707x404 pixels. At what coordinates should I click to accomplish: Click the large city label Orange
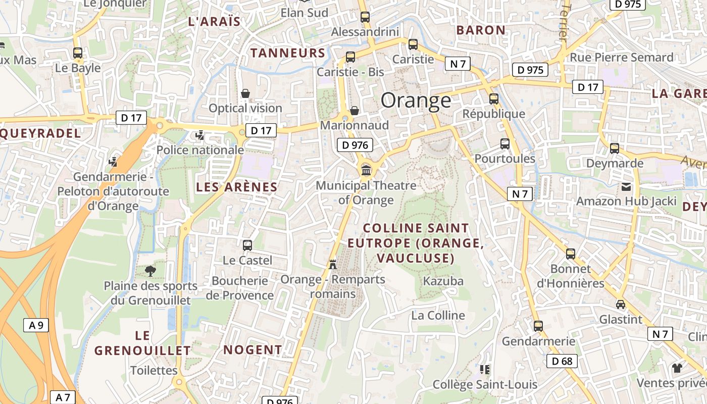pyautogui.click(x=416, y=100)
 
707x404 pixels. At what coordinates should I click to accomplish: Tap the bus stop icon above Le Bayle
pyautogui.click(x=78, y=53)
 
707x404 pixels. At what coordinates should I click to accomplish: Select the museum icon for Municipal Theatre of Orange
pyautogui.click(x=366, y=170)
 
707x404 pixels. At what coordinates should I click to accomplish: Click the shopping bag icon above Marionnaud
pyautogui.click(x=355, y=110)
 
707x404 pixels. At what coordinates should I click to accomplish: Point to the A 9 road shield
pyautogui.click(x=36, y=325)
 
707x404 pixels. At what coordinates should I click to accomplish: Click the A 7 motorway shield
pyautogui.click(x=63, y=397)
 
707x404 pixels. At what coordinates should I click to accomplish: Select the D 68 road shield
pyautogui.click(x=562, y=361)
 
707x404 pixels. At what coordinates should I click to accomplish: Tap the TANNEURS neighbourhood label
pyautogui.click(x=288, y=53)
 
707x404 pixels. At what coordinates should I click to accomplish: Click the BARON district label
pyautogui.click(x=481, y=30)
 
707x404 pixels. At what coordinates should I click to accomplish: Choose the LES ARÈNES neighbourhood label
pyautogui.click(x=237, y=187)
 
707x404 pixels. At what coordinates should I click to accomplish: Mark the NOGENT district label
pyautogui.click(x=252, y=350)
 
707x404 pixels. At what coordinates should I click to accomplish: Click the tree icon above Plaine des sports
pyautogui.click(x=150, y=271)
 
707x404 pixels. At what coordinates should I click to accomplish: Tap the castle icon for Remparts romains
pyautogui.click(x=332, y=264)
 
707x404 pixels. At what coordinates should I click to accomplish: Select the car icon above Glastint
pyautogui.click(x=621, y=304)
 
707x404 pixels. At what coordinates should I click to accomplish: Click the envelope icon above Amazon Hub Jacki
pyautogui.click(x=626, y=186)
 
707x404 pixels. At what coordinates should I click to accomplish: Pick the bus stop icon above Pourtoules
pyautogui.click(x=504, y=143)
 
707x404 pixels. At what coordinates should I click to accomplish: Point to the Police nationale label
pyautogui.click(x=200, y=150)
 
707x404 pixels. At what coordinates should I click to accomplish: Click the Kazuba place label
pyautogui.click(x=443, y=281)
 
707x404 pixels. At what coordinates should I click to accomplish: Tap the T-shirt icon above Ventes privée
pyautogui.click(x=677, y=367)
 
